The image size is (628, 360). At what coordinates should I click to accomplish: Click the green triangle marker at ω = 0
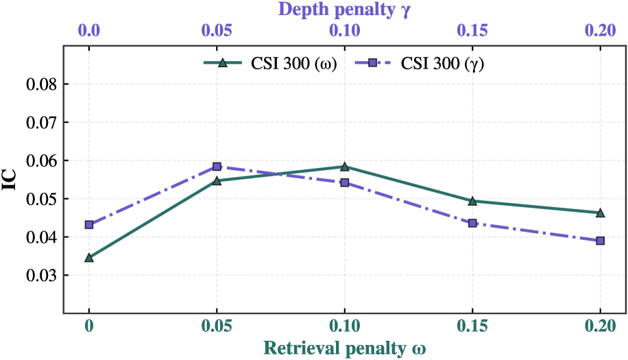click(x=89, y=258)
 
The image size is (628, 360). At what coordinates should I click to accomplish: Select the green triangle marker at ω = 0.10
click(x=344, y=167)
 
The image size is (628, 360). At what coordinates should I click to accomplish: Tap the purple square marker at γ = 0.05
click(x=217, y=167)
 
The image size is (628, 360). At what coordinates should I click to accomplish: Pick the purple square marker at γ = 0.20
click(x=600, y=241)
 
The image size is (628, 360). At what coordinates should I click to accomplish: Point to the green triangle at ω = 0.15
click(x=472, y=201)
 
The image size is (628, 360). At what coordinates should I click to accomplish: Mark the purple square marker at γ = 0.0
click(x=89, y=225)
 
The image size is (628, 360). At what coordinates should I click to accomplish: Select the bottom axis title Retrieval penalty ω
click(x=344, y=348)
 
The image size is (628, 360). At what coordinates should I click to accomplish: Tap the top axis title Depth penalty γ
click(x=344, y=10)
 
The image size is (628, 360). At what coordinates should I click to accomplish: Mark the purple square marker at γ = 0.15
click(x=472, y=224)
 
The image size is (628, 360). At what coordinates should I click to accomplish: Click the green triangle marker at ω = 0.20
click(x=600, y=213)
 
